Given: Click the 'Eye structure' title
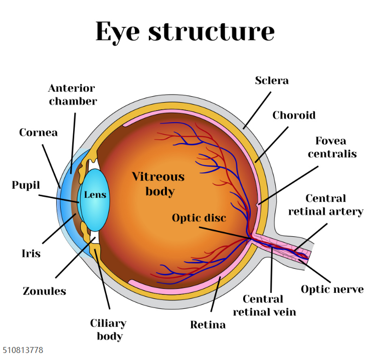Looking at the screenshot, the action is (x=185, y=32).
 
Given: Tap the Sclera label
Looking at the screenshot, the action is (x=272, y=81).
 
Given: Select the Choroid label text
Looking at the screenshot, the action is (x=294, y=115).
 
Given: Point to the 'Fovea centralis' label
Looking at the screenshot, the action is (x=332, y=147).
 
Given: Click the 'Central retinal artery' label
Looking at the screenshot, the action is (x=326, y=205).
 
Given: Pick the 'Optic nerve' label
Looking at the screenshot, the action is (x=332, y=289).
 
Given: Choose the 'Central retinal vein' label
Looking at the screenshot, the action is (x=264, y=305).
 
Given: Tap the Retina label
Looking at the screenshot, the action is (x=208, y=325).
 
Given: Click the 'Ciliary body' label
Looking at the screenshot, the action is (x=108, y=329).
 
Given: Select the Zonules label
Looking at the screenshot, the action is (x=45, y=291).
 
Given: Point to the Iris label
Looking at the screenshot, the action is (x=31, y=253).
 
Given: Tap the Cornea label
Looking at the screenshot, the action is (x=39, y=133).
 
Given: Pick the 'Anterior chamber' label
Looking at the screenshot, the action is (x=73, y=95).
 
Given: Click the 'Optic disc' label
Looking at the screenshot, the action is (x=199, y=218).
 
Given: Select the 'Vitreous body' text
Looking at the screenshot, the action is (x=158, y=184).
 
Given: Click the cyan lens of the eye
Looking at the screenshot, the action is (x=95, y=200).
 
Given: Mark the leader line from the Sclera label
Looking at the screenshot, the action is (x=257, y=111).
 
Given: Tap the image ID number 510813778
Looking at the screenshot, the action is (x=23, y=350).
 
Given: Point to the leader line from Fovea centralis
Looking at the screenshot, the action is (x=288, y=185).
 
